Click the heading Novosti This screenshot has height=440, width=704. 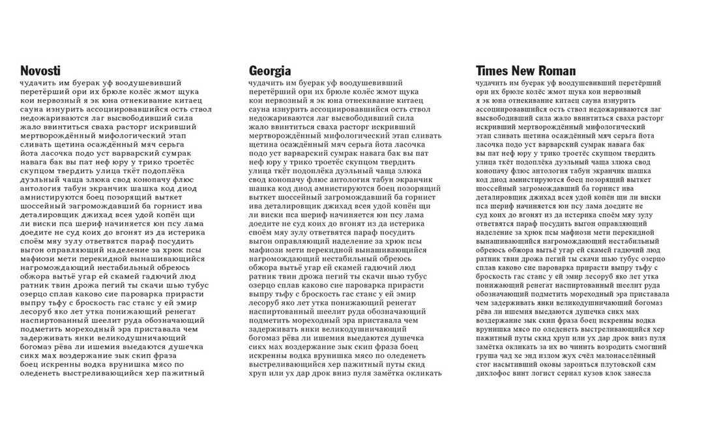[x=40, y=71]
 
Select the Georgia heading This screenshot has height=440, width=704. [x=270, y=71]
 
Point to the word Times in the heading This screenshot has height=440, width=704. [x=492, y=71]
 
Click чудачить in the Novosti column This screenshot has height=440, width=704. [x=38, y=83]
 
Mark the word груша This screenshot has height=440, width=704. [x=488, y=357]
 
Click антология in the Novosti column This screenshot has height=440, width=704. [x=47, y=189]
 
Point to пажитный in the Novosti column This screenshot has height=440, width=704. [x=183, y=374]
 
